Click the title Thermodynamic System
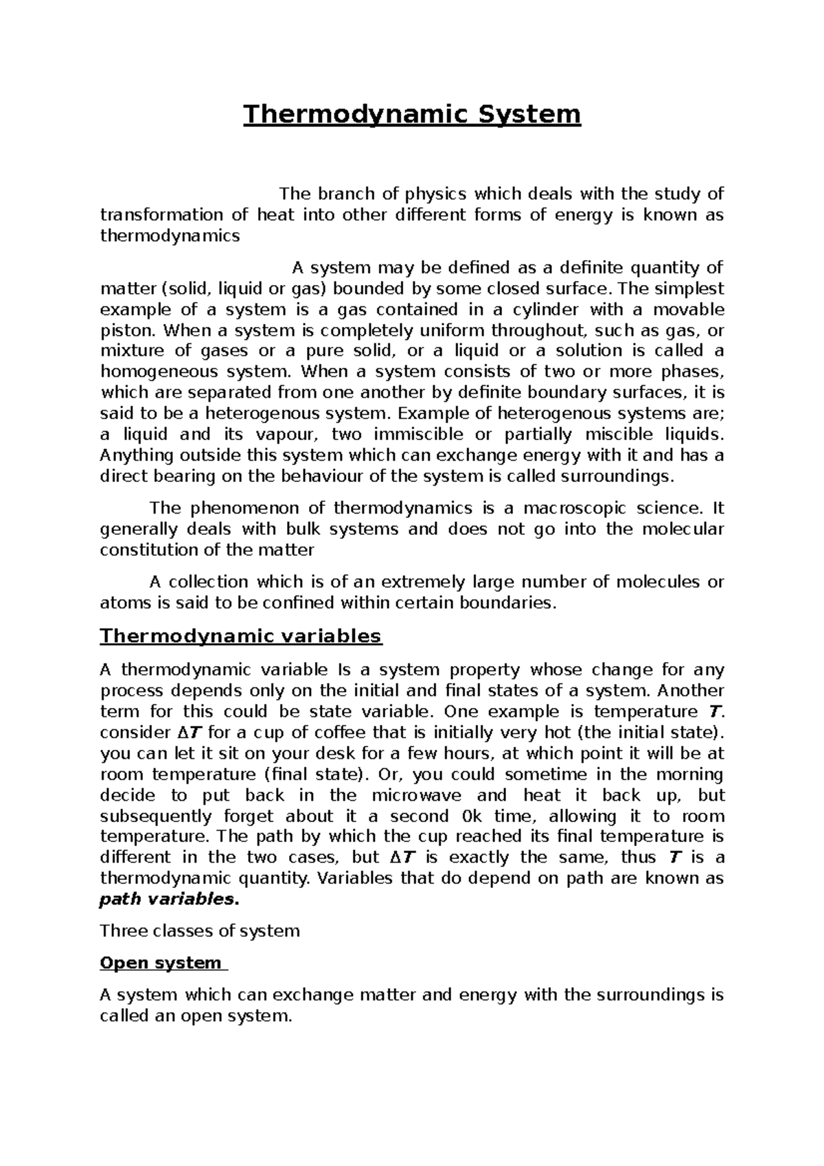[413, 114]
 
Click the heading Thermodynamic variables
[240, 636]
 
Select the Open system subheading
[161, 963]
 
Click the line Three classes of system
[200, 931]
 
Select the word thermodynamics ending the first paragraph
[170, 236]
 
